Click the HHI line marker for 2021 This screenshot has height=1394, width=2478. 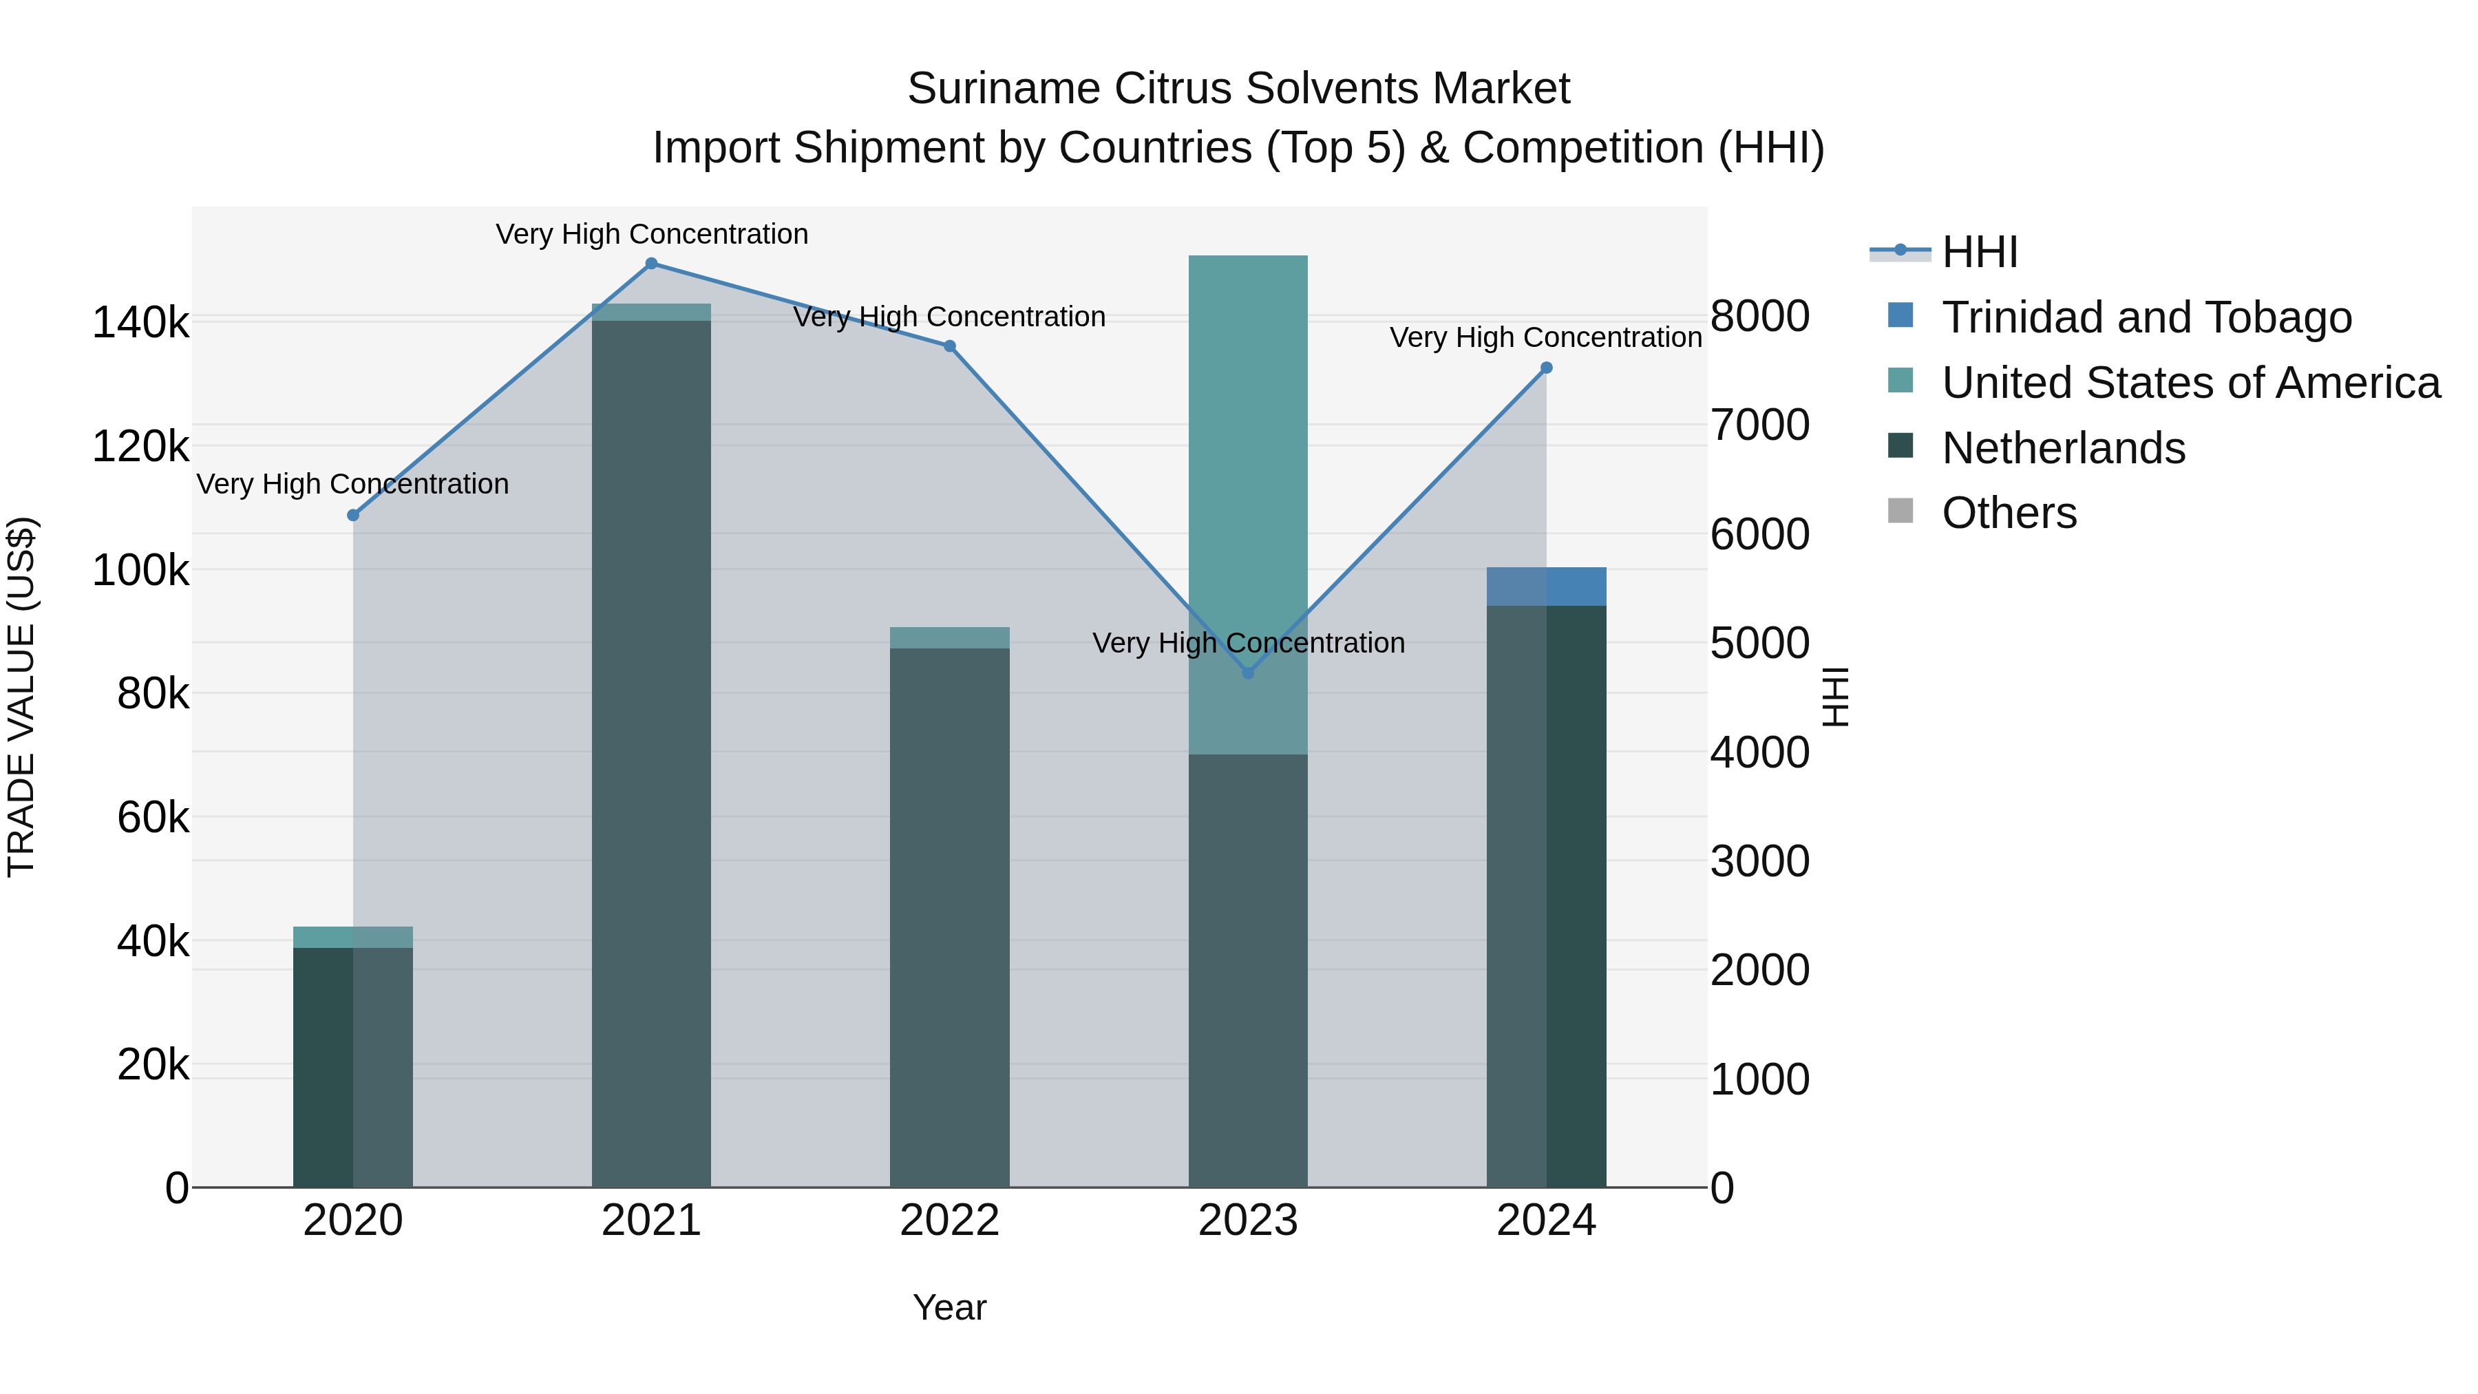coord(651,264)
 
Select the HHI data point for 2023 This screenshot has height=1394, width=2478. coord(1248,673)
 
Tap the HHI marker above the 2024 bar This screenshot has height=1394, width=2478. coord(1546,368)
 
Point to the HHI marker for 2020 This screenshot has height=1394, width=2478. coord(353,516)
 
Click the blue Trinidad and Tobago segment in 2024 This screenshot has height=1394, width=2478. coord(1546,587)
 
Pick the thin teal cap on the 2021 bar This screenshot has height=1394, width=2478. coord(651,313)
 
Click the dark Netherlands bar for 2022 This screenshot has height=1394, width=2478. coord(949,914)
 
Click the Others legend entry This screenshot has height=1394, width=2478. coord(2009,514)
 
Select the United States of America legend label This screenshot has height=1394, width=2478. coord(2190,383)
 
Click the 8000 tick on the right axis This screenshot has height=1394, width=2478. coord(1759,317)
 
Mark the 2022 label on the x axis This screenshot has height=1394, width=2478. coord(949,1221)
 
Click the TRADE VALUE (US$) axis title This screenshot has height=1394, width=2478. coord(21,697)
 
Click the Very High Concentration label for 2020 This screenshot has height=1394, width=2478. coord(353,484)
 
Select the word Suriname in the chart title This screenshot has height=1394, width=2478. coord(1004,89)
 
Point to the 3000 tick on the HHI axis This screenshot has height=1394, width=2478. coord(1759,861)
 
